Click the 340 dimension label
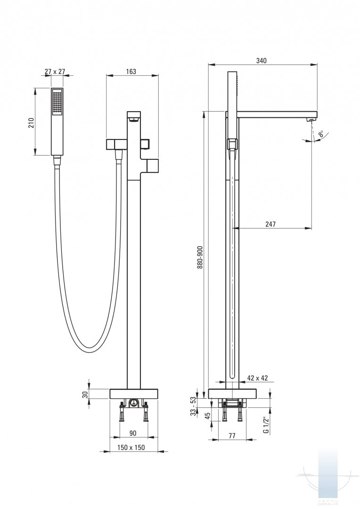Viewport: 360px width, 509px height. [262, 60]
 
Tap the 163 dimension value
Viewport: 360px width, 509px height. [131, 72]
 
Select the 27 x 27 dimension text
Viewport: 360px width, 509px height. [55, 72]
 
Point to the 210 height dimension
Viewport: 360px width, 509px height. [31, 123]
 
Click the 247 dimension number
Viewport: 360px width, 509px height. [270, 224]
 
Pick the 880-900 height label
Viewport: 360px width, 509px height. [200, 257]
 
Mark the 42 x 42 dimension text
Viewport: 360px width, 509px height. [257, 378]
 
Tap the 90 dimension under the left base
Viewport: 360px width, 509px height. [133, 433]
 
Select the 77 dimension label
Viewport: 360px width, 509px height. [232, 436]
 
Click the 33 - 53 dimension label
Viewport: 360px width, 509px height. [193, 406]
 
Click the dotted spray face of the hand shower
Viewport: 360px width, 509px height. [57, 102]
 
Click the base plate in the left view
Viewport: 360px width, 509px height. [134, 394]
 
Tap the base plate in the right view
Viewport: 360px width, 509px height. [232, 394]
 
